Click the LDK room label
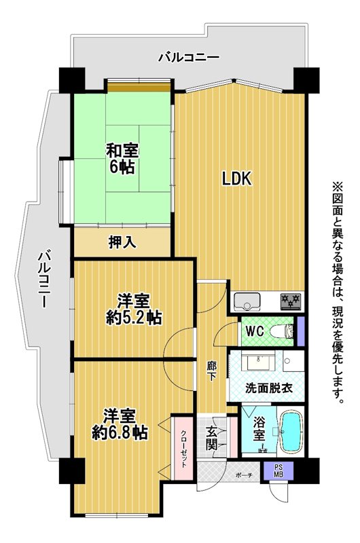point(236,179)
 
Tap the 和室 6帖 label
point(122,159)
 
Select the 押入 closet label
point(122,242)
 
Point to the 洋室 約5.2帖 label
point(134,309)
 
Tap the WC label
point(255,331)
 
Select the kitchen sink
point(247,301)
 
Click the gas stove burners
point(291,301)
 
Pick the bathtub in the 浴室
point(291,432)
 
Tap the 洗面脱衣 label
point(269,388)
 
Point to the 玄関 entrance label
point(212,438)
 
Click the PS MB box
point(278,470)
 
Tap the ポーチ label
point(244,476)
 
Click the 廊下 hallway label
point(211,371)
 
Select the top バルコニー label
point(189,57)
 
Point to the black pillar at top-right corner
point(306,80)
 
